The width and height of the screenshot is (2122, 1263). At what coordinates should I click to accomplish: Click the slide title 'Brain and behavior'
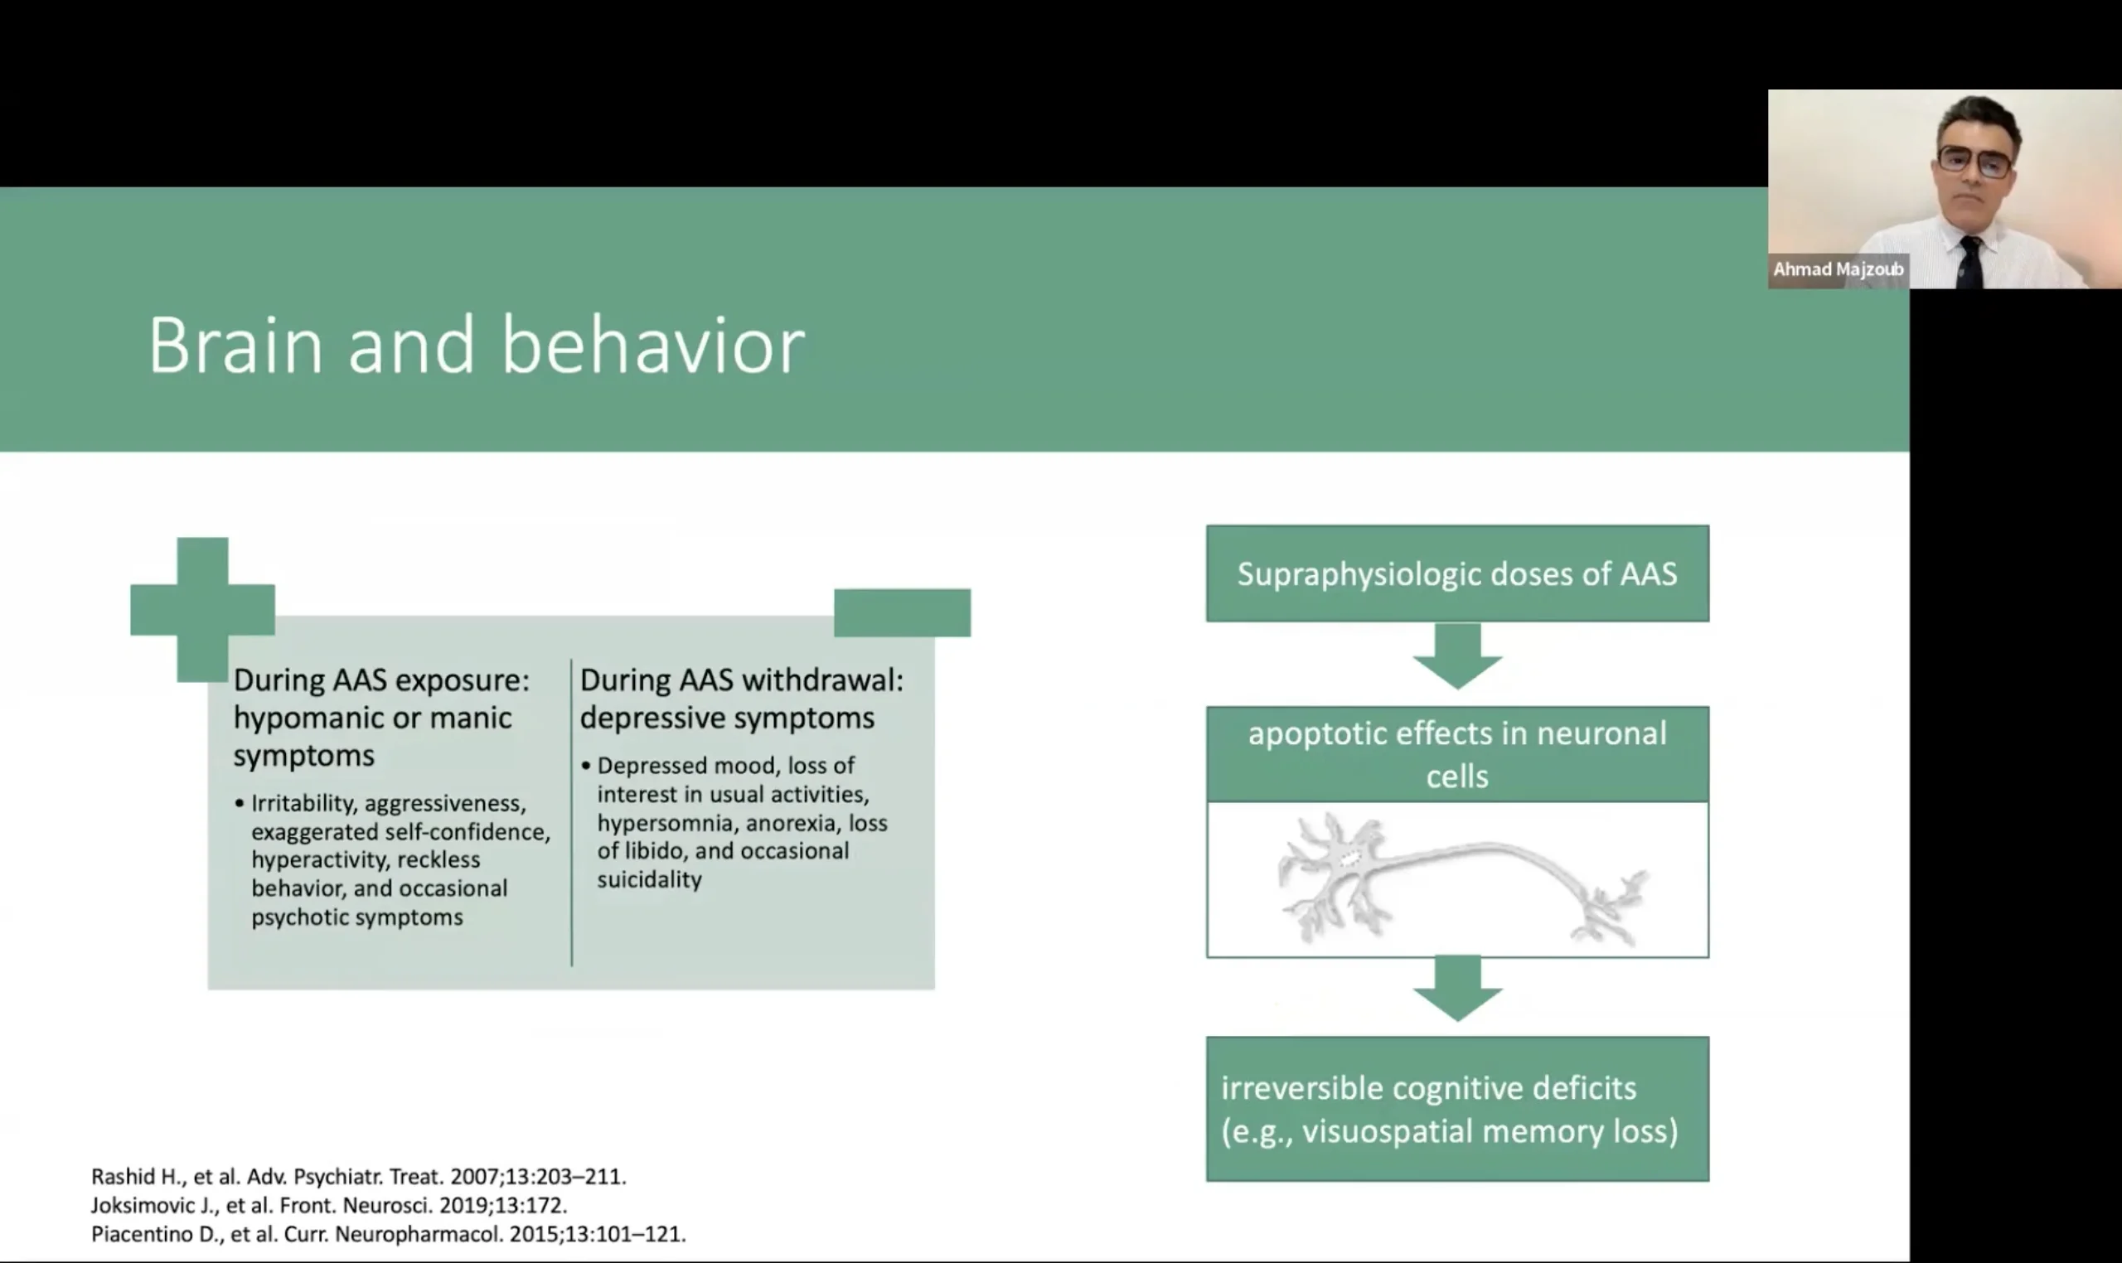[476, 345]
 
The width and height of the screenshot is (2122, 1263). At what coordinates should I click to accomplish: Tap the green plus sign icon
[202, 609]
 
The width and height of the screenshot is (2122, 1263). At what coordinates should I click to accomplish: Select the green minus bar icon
[901, 612]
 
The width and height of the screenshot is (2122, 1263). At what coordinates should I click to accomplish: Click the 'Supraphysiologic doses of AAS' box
[1456, 573]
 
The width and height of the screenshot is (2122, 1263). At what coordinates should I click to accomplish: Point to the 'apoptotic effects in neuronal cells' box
[1456, 754]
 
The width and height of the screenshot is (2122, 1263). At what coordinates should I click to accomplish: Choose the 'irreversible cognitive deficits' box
[1456, 1108]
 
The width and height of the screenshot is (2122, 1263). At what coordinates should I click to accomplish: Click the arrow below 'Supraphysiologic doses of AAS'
[1457, 656]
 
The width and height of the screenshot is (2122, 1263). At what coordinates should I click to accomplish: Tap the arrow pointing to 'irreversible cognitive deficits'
[1457, 987]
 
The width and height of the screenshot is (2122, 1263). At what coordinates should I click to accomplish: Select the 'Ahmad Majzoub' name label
[1838, 270]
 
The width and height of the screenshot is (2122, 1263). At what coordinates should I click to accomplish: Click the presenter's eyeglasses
[1975, 160]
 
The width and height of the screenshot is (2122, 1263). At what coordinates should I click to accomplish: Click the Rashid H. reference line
[358, 1176]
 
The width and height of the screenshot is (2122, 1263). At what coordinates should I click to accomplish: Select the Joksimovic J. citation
[328, 1205]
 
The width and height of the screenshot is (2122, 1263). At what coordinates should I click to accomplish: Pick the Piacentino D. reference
[388, 1234]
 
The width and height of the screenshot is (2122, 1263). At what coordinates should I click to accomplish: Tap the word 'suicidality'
[650, 880]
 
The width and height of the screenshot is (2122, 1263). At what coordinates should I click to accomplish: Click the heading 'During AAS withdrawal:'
[741, 680]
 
